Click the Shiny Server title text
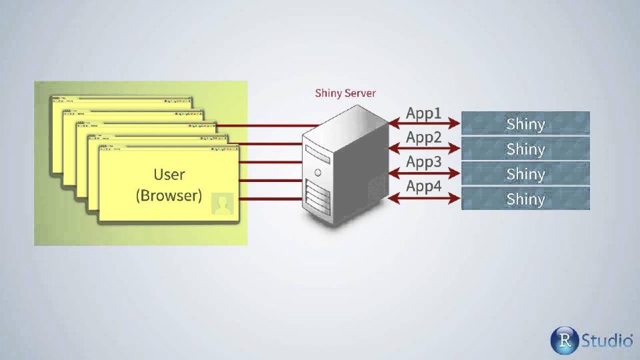tap(345, 93)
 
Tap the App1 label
tap(424, 113)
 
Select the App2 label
tap(424, 138)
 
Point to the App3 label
tap(424, 162)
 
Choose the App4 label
tap(424, 186)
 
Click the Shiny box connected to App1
tap(525, 123)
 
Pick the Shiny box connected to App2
tap(525, 148)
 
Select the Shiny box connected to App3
tap(525, 173)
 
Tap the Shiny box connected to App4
tap(525, 198)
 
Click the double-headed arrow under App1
tap(425, 123)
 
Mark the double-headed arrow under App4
tap(425, 197)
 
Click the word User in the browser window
tap(169, 175)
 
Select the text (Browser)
tap(169, 196)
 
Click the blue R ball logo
tap(563, 341)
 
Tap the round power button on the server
tap(319, 172)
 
